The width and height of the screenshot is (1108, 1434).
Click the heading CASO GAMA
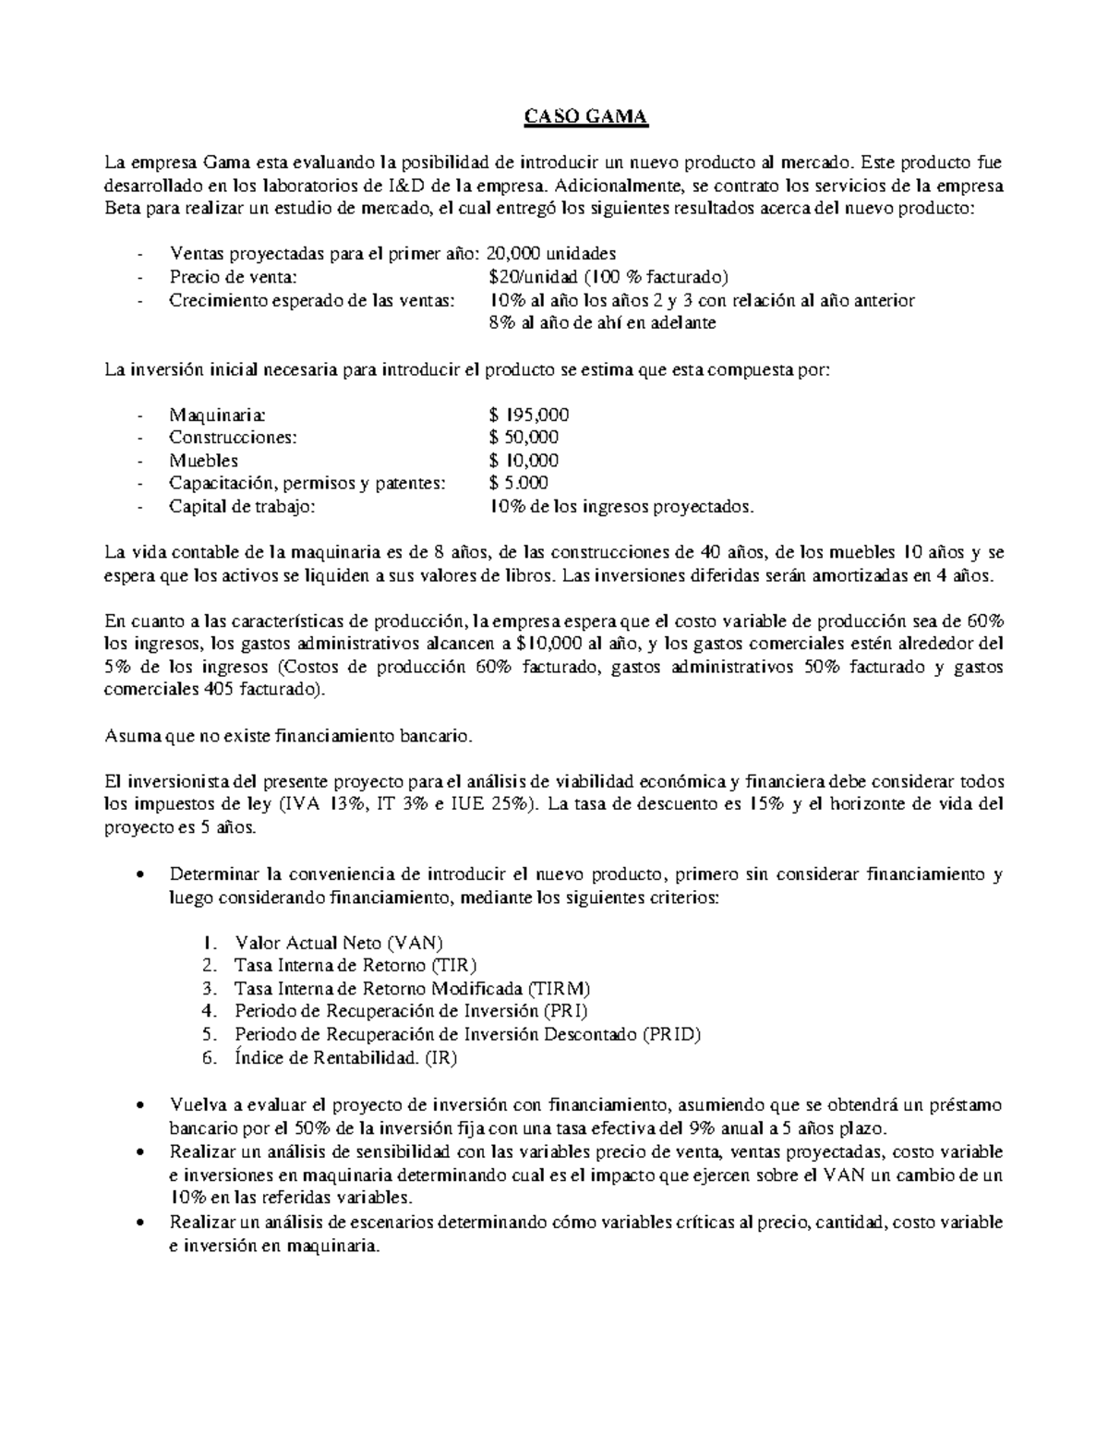point(587,117)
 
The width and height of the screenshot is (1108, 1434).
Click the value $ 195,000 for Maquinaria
point(529,415)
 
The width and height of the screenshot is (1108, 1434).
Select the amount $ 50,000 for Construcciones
point(524,438)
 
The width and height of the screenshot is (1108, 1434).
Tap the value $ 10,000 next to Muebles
point(524,461)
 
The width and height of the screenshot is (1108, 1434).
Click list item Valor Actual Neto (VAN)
point(339,943)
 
